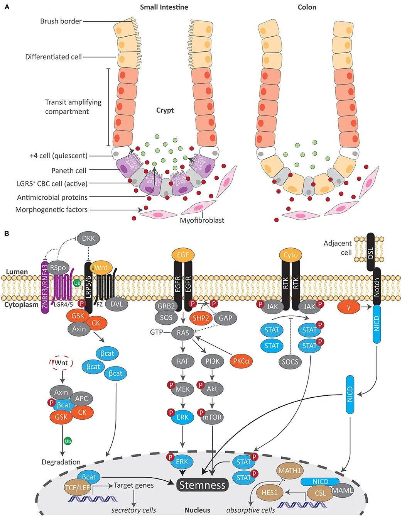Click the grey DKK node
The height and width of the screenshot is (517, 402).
tap(88, 238)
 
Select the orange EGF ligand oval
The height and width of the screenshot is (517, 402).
tap(183, 255)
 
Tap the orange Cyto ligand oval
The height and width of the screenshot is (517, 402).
tap(291, 255)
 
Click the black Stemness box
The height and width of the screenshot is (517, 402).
tap(203, 485)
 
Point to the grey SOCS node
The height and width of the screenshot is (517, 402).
tap(290, 362)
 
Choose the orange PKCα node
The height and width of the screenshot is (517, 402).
tap(241, 361)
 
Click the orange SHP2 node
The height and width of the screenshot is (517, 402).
tap(201, 318)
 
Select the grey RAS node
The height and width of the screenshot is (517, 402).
tap(183, 333)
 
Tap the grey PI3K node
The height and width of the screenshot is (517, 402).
tap(212, 361)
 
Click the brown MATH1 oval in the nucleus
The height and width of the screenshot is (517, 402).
tap(290, 471)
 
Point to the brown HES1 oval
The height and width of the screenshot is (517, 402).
tap(269, 493)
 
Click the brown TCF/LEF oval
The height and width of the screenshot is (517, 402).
tap(77, 488)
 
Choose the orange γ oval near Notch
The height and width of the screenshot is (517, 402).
tap(349, 307)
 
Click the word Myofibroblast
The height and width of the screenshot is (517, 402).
tap(202, 220)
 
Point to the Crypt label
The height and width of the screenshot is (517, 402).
tap(165, 110)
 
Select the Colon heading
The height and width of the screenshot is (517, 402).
tap(307, 7)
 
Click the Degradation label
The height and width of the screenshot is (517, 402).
tap(61, 462)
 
